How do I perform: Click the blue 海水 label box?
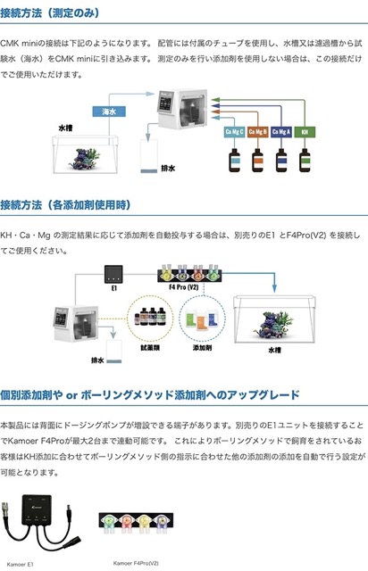point(109,112)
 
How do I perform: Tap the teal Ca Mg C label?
point(234,132)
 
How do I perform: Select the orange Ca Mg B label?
point(257,132)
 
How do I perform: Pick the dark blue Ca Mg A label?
point(280,132)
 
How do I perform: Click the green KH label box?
point(305,132)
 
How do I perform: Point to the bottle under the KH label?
point(305,160)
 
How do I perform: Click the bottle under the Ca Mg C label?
point(234,160)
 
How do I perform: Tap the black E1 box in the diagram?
point(113,274)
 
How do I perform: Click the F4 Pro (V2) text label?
point(183,287)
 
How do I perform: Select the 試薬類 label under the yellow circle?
point(150,348)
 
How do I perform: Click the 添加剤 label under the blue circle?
point(202,348)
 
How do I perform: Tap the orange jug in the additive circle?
point(201,323)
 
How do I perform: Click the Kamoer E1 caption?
point(20,564)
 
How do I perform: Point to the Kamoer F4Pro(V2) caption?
point(136,563)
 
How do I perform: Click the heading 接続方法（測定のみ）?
point(50,13)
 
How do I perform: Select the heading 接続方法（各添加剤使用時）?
point(65,204)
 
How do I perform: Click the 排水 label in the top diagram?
point(168,169)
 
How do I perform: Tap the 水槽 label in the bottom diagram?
point(274,350)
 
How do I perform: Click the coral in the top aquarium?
point(85,159)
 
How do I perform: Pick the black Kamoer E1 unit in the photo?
point(37,509)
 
